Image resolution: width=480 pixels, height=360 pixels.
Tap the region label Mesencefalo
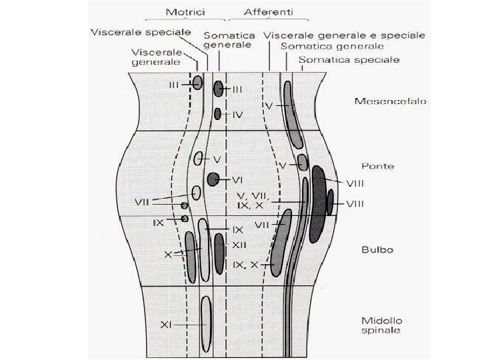382,102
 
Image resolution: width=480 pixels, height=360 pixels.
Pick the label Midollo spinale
379,323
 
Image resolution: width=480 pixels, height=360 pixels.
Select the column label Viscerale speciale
142,32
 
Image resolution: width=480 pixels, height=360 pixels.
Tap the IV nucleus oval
218,114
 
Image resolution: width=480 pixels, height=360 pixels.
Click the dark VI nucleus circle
213,179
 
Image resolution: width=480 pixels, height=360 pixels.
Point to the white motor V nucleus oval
199,159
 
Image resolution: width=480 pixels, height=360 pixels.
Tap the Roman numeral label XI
167,324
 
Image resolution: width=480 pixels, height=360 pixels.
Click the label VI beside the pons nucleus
237,179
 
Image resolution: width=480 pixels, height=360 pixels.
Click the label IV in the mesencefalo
238,115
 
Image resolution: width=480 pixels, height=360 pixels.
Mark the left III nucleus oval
197,82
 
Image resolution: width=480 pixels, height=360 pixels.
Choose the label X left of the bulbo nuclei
169,255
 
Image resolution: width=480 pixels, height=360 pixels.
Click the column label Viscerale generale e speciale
345,34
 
